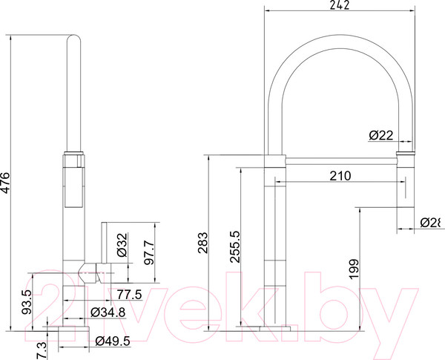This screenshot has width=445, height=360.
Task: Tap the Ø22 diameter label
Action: (x=381, y=134)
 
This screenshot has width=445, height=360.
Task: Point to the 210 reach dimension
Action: (x=338, y=176)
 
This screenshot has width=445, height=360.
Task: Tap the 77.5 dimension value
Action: (x=128, y=294)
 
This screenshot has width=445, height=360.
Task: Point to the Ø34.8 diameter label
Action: (x=105, y=312)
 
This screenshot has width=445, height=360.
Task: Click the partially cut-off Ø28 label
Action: (x=432, y=223)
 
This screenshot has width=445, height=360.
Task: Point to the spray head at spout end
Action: (x=406, y=178)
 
